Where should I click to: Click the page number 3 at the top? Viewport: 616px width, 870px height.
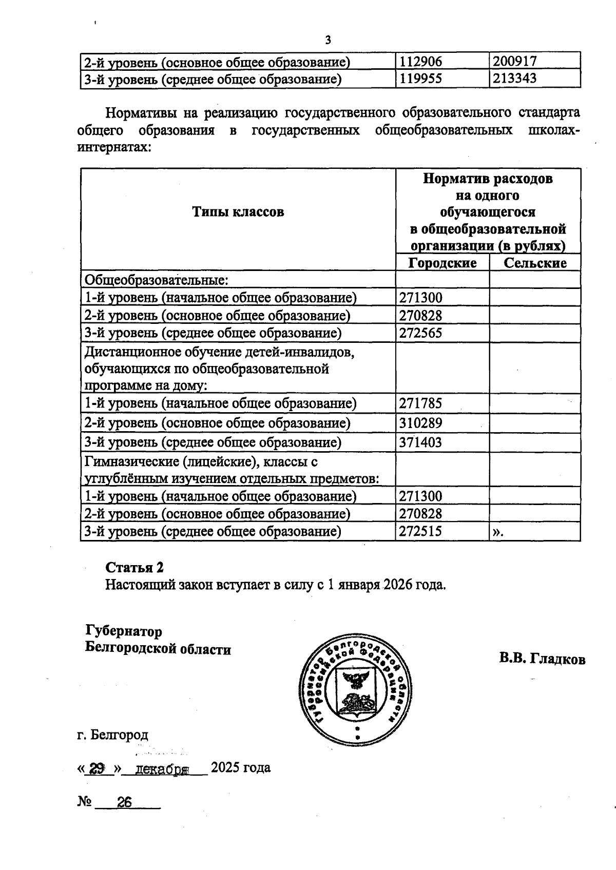pyautogui.click(x=328, y=40)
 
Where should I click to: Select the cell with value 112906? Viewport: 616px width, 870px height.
pyautogui.click(x=420, y=62)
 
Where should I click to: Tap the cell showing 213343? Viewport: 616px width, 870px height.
pyautogui.click(x=514, y=79)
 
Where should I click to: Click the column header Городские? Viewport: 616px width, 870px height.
pyautogui.click(x=442, y=263)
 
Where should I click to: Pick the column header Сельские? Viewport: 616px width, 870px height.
pyautogui.click(x=535, y=263)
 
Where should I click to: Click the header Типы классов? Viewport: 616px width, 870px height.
pyautogui.click(x=238, y=212)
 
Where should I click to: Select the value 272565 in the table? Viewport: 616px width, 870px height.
pyautogui.click(x=420, y=333)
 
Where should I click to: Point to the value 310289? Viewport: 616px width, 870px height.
pyautogui.click(x=420, y=423)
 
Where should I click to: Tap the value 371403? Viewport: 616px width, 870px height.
pyautogui.click(x=420, y=442)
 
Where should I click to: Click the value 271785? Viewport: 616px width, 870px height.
pyautogui.click(x=420, y=403)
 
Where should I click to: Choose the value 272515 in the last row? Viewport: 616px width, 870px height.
pyautogui.click(x=420, y=531)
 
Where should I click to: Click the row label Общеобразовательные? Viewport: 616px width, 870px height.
pyautogui.click(x=156, y=280)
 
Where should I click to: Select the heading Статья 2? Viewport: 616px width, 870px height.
pyautogui.click(x=134, y=567)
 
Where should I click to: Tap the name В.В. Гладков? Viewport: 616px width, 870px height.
pyautogui.click(x=542, y=659)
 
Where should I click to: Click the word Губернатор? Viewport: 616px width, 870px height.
pyautogui.click(x=124, y=631)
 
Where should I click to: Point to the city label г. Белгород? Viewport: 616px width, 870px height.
pyautogui.click(x=113, y=734)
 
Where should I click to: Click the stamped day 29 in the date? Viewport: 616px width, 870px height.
pyautogui.click(x=98, y=768)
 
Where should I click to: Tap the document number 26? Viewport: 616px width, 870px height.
pyautogui.click(x=124, y=802)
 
